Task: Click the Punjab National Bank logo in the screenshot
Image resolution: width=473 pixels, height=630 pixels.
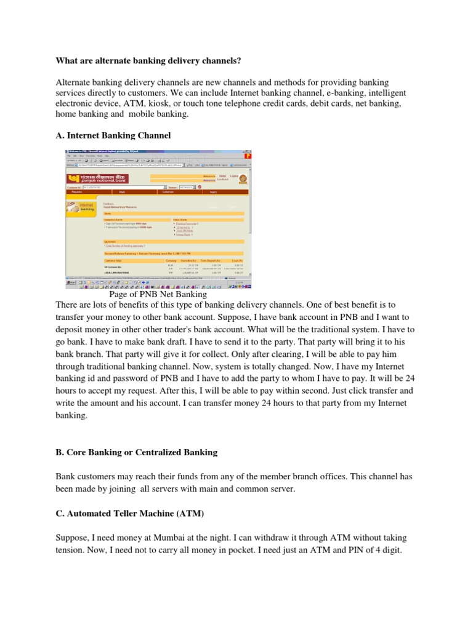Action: pos(98,178)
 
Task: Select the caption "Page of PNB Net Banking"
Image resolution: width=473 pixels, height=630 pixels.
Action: pos(158,295)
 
